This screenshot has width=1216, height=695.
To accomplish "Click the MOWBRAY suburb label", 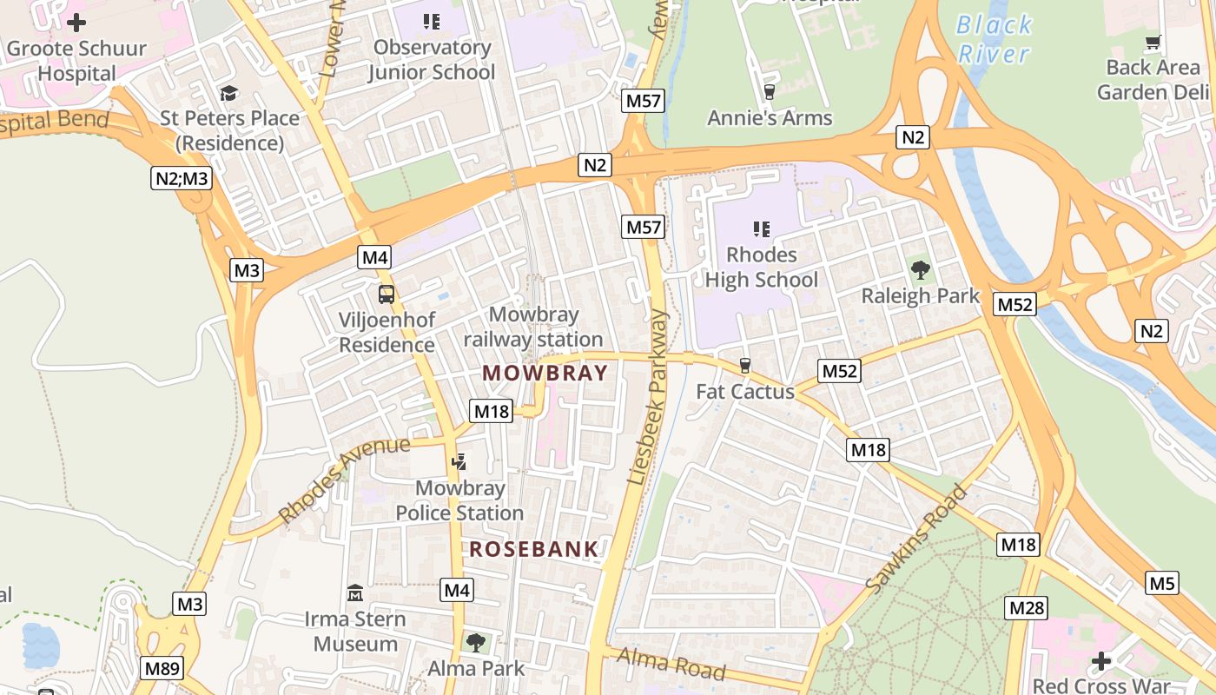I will (545, 373).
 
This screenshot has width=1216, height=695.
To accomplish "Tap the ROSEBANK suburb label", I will (534, 549).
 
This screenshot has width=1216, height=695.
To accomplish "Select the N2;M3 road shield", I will (182, 179).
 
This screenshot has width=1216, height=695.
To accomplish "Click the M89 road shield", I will (162, 668).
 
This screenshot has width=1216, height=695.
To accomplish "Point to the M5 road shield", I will (1162, 583).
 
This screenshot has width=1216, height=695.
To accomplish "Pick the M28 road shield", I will (1026, 607).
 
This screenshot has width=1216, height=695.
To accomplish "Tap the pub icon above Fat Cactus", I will (744, 366).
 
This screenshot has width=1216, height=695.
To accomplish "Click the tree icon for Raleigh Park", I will (920, 269).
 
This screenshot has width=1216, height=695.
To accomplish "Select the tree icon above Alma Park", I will (475, 643).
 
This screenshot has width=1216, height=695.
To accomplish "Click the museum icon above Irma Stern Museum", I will (354, 593).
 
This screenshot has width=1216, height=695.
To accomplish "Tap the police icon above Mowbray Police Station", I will (459, 462).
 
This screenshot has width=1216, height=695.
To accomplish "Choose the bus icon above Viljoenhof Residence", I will (387, 294).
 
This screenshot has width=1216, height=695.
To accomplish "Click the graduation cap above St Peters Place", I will (229, 92).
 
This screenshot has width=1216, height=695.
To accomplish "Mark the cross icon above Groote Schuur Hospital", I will (76, 23).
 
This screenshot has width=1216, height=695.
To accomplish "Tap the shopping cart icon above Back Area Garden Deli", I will (1153, 42).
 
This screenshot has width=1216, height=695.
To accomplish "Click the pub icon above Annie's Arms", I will (769, 91).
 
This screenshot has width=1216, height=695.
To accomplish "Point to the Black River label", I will (994, 39).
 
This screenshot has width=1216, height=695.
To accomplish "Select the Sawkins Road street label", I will (917, 540).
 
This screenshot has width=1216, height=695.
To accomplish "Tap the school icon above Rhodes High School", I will (762, 229).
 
